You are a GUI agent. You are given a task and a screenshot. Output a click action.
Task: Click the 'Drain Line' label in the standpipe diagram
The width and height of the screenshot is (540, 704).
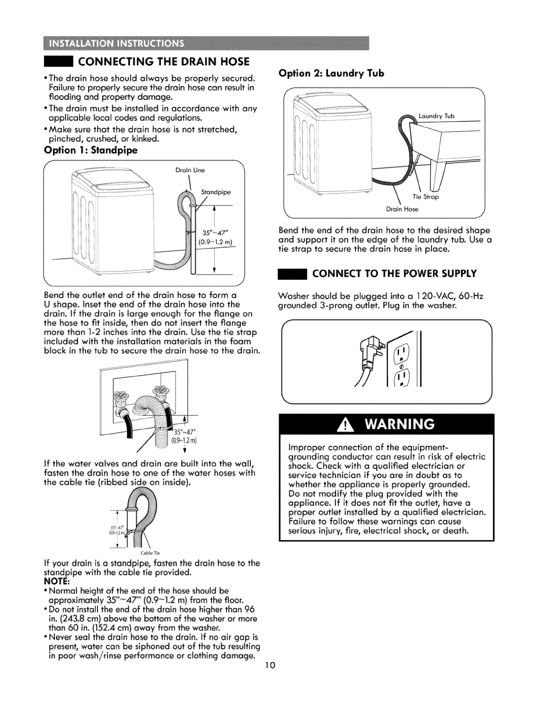click(186, 169)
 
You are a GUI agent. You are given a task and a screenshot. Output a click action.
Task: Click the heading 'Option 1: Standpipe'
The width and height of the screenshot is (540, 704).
click(90, 150)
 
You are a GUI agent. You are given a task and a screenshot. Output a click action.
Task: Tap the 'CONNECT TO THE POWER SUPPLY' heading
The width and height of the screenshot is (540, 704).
click(395, 273)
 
